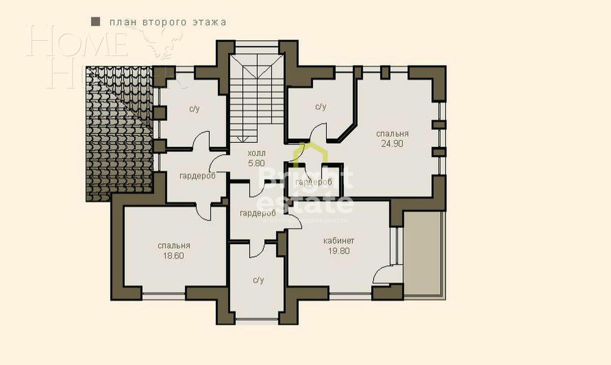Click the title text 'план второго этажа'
(x=168, y=22)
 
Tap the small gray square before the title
(x=95, y=22)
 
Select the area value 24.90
(x=392, y=144)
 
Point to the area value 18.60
(x=174, y=255)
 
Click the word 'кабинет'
(x=339, y=241)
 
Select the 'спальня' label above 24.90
(x=392, y=134)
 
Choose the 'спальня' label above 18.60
(x=174, y=245)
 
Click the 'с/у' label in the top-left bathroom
(x=194, y=108)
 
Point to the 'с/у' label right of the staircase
(x=320, y=107)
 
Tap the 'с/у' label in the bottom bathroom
(x=258, y=280)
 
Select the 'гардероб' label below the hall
(x=258, y=213)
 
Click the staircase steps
(x=256, y=102)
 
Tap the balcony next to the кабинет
(x=424, y=255)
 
